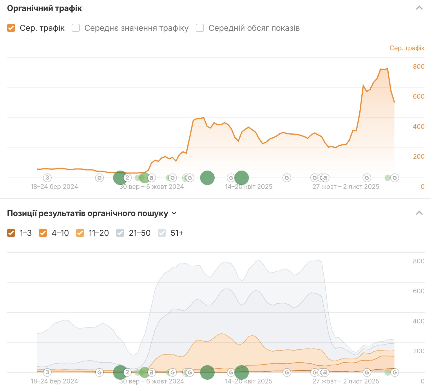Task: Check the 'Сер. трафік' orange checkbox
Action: tap(11, 28)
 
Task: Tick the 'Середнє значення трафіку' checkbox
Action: tap(76, 28)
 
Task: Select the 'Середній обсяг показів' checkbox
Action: tap(200, 28)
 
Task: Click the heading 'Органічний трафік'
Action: tap(44, 8)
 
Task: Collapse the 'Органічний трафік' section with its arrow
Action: tap(419, 8)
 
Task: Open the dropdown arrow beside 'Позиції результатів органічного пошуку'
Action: tap(174, 213)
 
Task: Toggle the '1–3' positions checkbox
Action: tap(11, 233)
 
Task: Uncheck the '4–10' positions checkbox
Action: tap(43, 233)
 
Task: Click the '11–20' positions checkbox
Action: tap(80, 233)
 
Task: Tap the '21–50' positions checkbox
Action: tap(120, 233)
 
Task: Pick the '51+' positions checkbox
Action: tap(162, 233)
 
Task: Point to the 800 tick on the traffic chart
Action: tap(419, 66)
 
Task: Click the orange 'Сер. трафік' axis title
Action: tap(407, 48)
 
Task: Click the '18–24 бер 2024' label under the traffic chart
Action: tap(55, 187)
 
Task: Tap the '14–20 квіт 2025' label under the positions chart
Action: tap(249, 381)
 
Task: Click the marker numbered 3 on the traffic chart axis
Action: tap(47, 178)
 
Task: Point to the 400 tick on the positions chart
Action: tap(419, 321)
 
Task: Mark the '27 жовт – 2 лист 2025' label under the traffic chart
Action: tap(346, 187)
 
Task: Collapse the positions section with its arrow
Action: tap(419, 213)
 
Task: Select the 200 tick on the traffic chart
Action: tap(419, 156)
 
